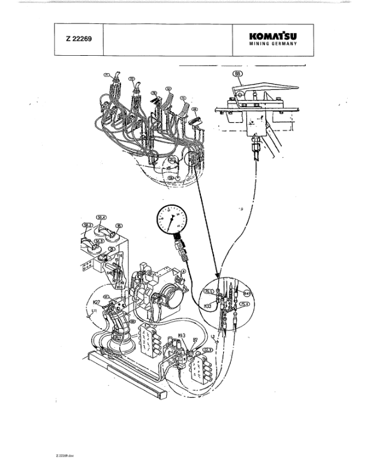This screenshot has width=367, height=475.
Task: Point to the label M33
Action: (x=207, y=306)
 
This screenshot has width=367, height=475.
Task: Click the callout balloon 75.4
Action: (x=245, y=305)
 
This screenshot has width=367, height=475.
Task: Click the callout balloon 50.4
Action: (x=101, y=217)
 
